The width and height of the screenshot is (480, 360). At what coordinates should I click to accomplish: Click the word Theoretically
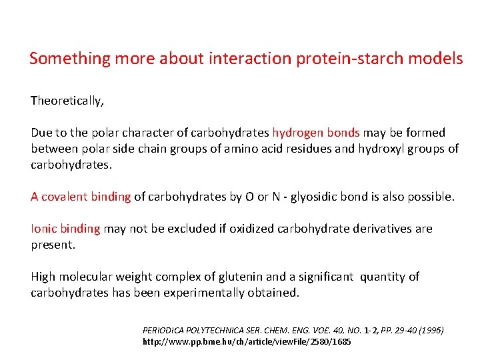coord(67,101)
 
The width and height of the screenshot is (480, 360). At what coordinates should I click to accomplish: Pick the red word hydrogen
coord(298,133)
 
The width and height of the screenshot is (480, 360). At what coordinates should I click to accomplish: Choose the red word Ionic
coord(44,229)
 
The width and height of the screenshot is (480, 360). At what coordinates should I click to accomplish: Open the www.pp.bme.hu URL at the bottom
coord(247,341)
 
